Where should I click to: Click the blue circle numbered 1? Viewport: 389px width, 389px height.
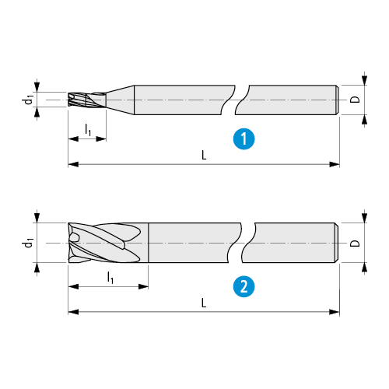[244, 139]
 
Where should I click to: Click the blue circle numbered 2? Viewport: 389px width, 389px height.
[244, 286]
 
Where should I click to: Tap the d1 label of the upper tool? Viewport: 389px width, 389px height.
[29, 100]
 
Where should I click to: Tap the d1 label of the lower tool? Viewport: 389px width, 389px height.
[29, 243]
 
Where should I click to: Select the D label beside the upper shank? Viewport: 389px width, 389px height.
[355, 100]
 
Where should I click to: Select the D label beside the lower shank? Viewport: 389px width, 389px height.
[355, 244]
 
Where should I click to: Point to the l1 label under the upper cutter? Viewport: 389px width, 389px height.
[88, 130]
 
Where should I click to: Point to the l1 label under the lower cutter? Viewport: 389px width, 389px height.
[110, 278]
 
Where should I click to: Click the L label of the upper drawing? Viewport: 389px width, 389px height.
[204, 156]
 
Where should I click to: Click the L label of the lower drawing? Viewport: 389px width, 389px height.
[204, 303]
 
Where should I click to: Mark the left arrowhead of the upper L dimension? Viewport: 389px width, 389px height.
[73, 164]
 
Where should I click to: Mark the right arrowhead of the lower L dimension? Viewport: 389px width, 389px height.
[335, 312]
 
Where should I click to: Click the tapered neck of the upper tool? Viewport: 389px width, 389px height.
[120, 100]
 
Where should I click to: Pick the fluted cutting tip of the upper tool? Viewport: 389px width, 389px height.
[87, 100]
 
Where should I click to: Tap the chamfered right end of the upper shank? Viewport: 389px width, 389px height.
[337, 100]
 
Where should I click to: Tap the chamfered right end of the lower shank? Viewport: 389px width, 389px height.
[336, 243]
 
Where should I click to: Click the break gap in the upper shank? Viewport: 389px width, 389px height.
[235, 100]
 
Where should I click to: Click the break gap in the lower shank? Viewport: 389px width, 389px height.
[241, 243]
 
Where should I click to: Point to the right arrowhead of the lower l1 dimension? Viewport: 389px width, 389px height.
[143, 286]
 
